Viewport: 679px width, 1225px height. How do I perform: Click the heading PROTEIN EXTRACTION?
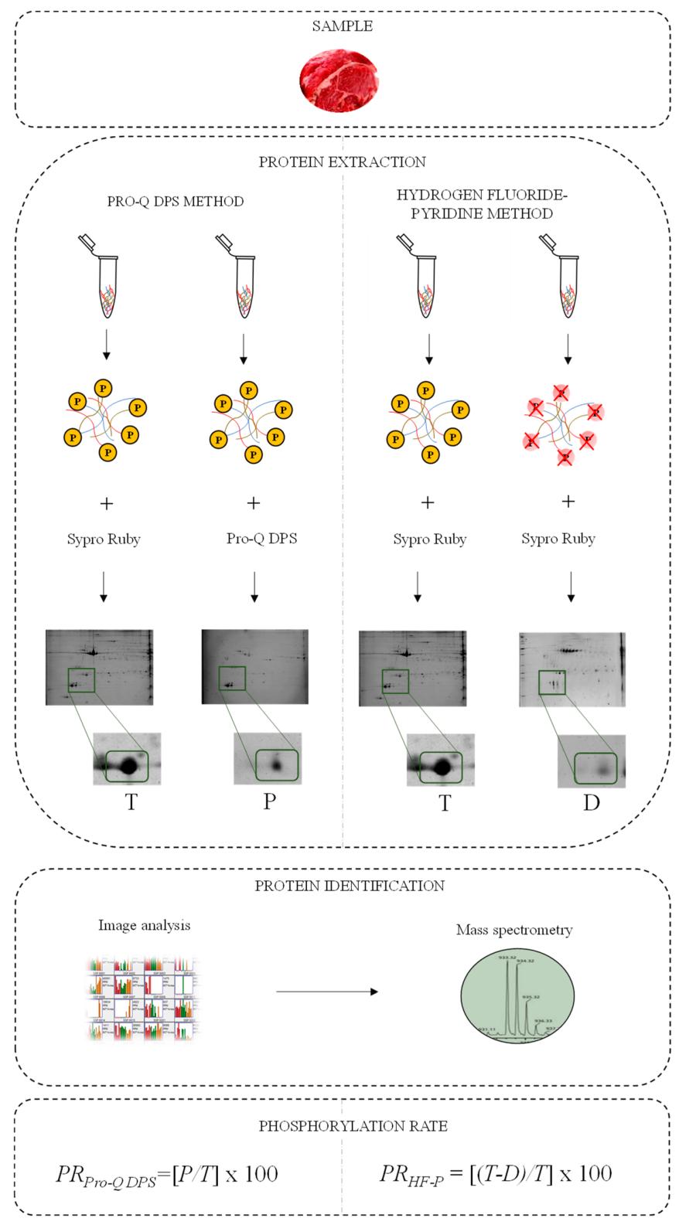coord(342,162)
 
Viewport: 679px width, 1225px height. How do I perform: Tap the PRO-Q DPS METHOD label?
coord(176,202)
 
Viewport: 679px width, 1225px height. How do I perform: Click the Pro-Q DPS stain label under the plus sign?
coord(261,539)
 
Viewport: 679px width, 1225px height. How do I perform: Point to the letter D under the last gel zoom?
coord(591,803)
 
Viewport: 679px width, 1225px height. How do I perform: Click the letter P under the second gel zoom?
coord(268,801)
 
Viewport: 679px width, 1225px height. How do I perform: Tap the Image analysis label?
coord(144,925)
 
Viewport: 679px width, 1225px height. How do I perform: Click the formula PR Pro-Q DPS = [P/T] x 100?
coord(167,1175)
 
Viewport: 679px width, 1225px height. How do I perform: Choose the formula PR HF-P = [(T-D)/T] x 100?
coord(495,1174)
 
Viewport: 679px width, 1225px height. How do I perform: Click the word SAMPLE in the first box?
coord(342,26)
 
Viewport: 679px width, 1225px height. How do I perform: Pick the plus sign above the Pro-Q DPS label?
coord(253,503)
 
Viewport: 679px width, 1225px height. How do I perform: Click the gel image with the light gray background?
coord(572,669)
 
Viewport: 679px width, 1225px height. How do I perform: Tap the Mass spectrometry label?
coord(514,930)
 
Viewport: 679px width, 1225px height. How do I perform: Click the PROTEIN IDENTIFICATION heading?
coord(350,886)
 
